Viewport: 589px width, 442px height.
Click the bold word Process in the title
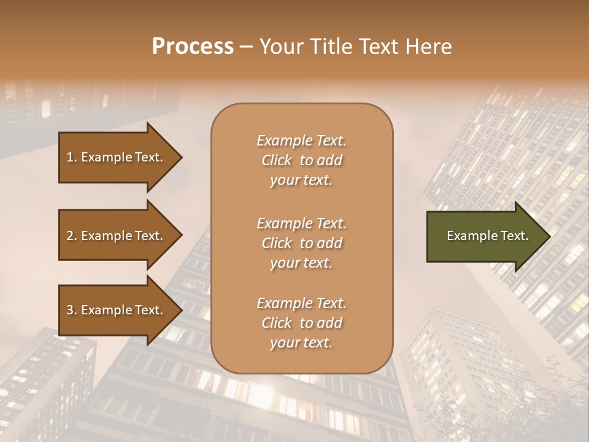(x=193, y=47)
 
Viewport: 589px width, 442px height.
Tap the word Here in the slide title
(x=428, y=47)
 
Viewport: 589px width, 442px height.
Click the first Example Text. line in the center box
(x=301, y=141)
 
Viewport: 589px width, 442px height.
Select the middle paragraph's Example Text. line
(x=301, y=223)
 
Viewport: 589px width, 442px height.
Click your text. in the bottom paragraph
(x=301, y=343)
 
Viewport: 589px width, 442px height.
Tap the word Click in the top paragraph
(x=277, y=160)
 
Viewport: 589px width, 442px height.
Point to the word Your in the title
(x=280, y=47)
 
